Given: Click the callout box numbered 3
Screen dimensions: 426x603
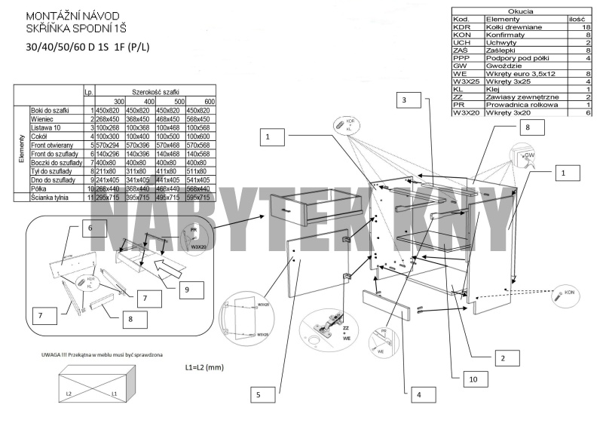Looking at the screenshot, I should coord(405,100).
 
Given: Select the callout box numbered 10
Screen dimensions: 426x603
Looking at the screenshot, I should coord(473,379).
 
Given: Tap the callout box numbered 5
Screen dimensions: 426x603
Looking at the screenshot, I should coord(258,394).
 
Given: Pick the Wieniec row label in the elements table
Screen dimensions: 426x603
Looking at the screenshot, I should coord(42,119).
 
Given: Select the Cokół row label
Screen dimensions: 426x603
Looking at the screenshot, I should coord(40,136).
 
